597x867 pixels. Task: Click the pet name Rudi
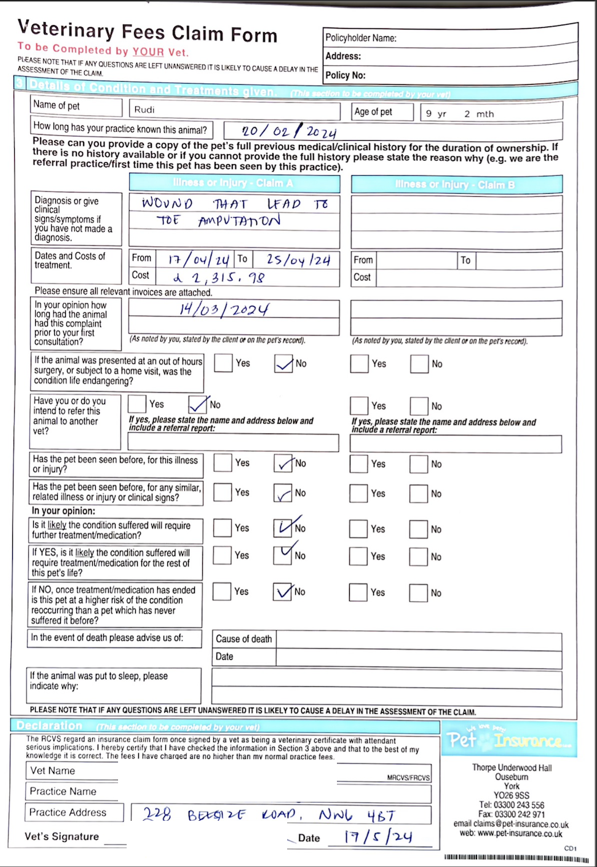coord(144,109)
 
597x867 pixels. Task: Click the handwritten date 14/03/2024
coord(224,309)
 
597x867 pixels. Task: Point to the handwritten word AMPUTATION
coord(240,221)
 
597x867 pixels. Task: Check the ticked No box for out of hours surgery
coord(283,363)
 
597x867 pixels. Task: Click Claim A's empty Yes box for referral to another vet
coord(137,404)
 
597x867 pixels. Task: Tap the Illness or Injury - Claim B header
coord(456,184)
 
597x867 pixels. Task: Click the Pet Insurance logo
coord(510,739)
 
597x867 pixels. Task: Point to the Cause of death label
coord(243,639)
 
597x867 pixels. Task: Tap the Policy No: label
coord(346,75)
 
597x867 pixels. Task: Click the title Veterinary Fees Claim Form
coord(148,31)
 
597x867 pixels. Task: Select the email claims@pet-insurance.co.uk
coord(511,824)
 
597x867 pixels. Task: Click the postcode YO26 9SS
coord(511,795)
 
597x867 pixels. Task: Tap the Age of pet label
coord(373,111)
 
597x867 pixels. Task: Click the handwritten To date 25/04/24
coord(298,260)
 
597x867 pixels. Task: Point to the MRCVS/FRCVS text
coord(408,778)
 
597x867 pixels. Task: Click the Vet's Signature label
coord(61,836)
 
